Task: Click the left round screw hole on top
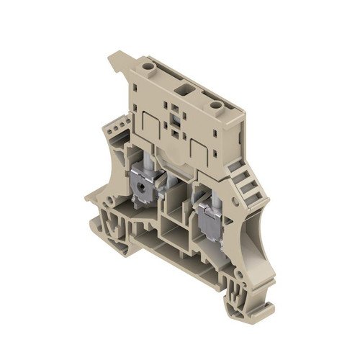tap(149, 66)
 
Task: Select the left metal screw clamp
tap(144, 189)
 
